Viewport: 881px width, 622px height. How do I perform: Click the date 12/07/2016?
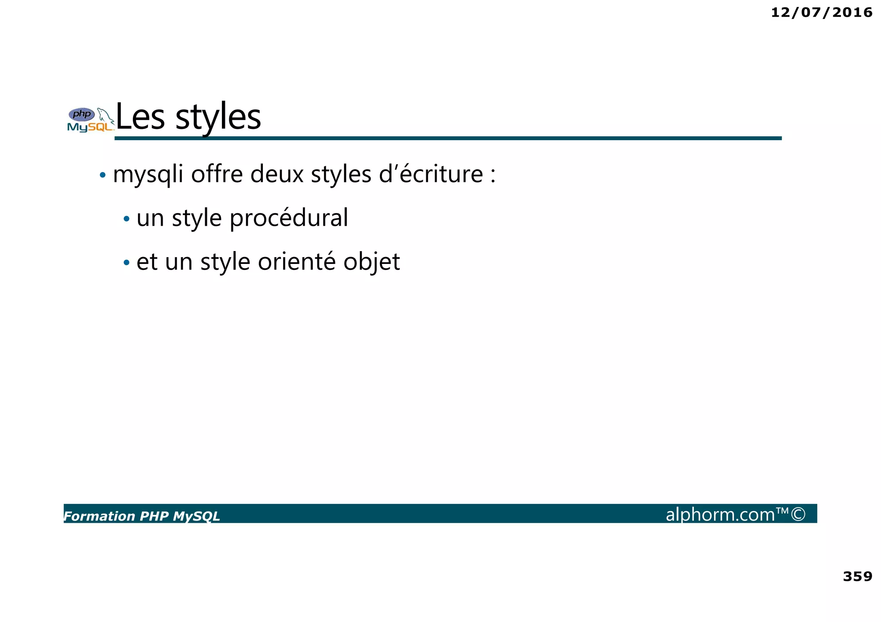click(821, 12)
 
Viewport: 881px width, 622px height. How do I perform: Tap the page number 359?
click(857, 576)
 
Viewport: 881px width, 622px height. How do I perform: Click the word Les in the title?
click(140, 117)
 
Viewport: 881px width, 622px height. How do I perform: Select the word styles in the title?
click(218, 118)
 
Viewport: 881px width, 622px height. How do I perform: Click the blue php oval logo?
click(82, 114)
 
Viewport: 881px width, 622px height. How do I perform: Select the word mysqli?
click(148, 175)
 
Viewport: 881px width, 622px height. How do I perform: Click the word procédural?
click(289, 218)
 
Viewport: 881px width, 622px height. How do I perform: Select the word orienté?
click(296, 261)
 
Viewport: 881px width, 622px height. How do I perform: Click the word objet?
click(372, 262)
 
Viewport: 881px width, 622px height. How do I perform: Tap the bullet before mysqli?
click(102, 175)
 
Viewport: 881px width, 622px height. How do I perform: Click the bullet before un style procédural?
click(126, 219)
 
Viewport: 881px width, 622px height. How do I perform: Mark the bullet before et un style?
click(126, 262)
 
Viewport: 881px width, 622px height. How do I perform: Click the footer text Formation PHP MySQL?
click(142, 516)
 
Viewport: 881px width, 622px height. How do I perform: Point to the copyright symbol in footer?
click(798, 514)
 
